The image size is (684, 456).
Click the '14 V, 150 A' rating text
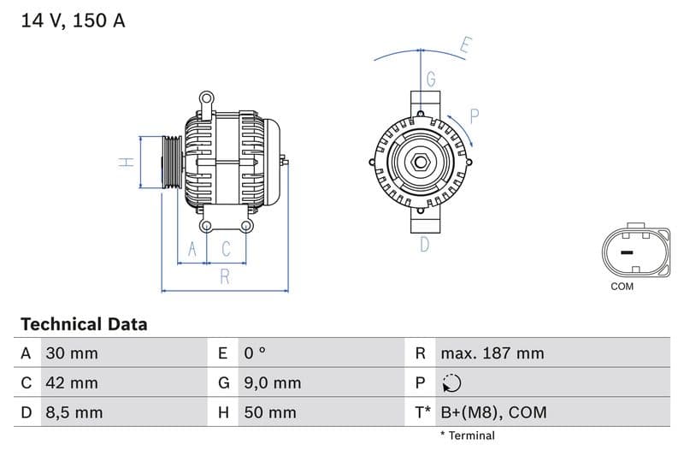(73, 21)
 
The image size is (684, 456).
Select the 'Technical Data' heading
(84, 324)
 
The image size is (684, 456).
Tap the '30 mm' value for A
(72, 353)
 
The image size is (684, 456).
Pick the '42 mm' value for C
(72, 382)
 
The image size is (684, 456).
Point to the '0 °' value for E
(255, 353)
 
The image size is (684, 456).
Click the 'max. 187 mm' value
(492, 353)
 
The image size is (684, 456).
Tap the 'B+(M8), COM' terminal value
(492, 412)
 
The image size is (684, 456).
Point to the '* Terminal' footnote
(467, 435)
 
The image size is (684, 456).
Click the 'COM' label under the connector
(622, 287)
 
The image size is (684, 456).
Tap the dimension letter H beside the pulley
(126, 162)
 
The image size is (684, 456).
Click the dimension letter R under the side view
(224, 276)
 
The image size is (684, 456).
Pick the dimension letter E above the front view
(465, 45)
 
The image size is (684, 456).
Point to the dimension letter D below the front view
(424, 245)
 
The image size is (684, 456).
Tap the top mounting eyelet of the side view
(206, 99)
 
